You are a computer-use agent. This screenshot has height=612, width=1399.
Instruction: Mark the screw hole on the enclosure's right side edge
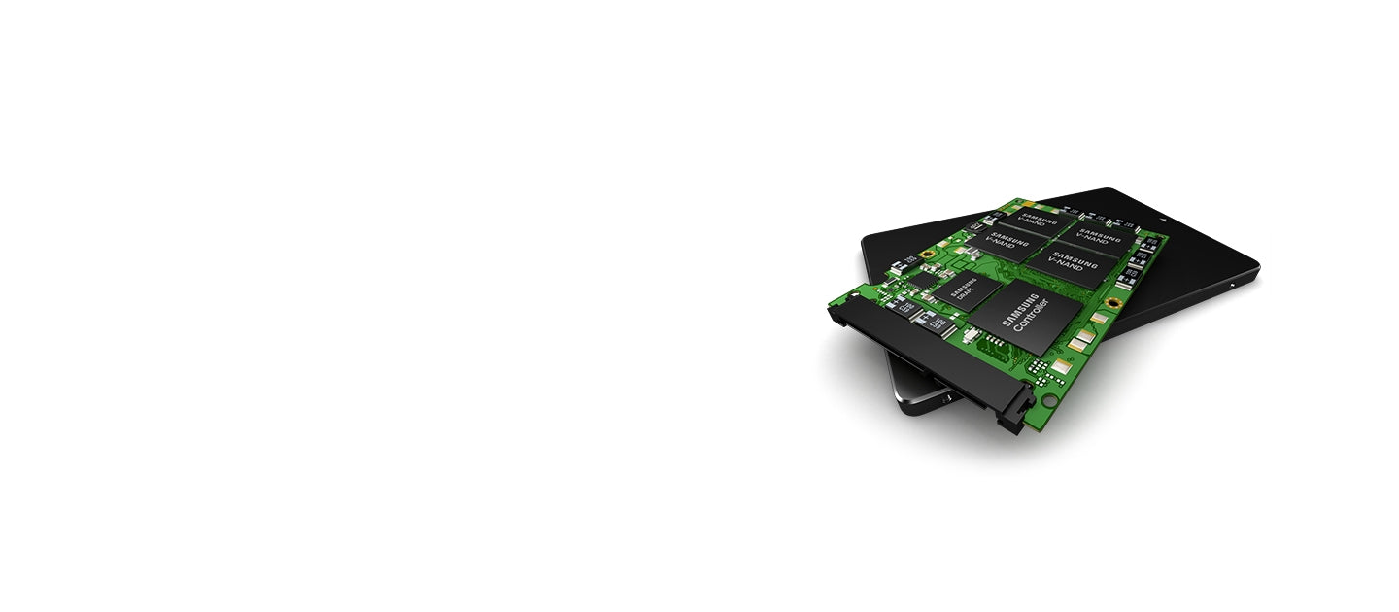click(x=1232, y=286)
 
